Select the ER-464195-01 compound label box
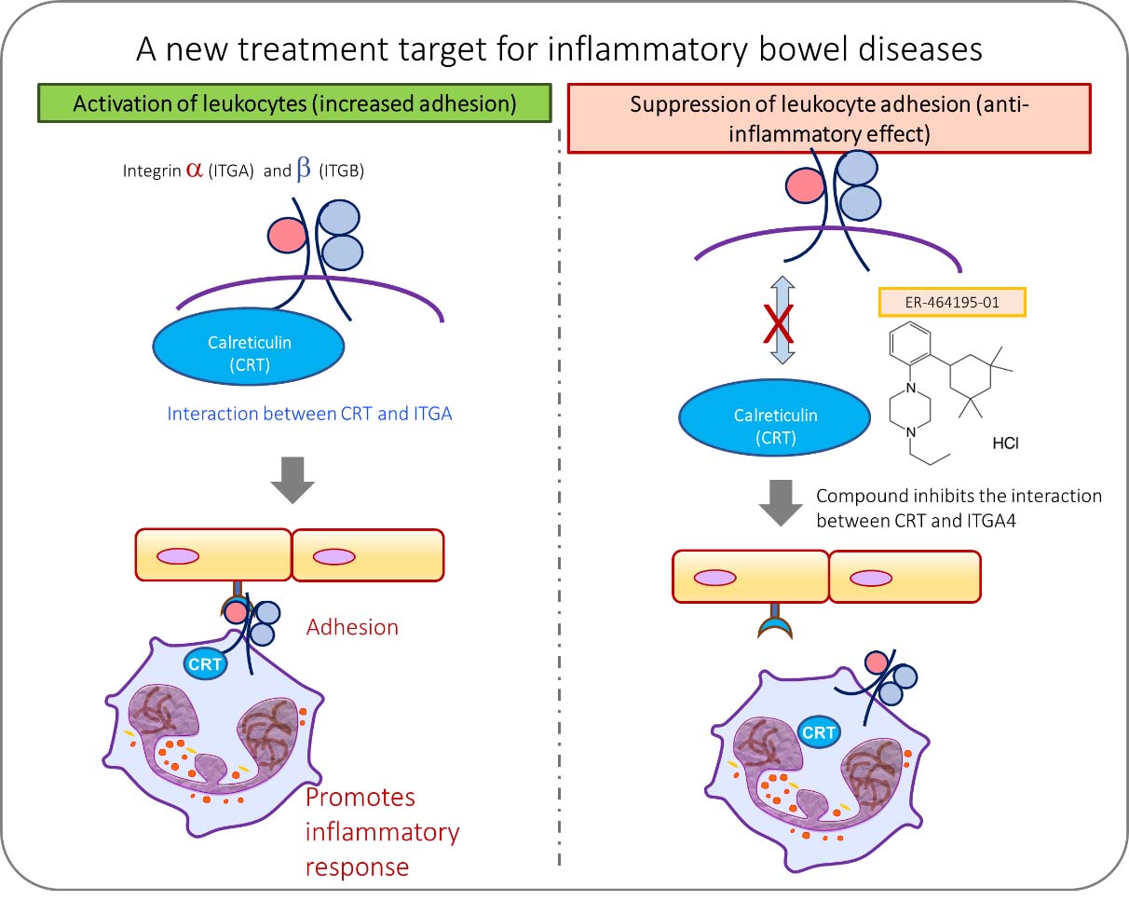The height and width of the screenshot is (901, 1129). (952, 303)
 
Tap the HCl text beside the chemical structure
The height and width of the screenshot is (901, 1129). (1004, 444)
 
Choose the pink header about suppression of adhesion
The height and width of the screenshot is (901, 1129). (828, 117)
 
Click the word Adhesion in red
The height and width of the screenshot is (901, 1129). (352, 627)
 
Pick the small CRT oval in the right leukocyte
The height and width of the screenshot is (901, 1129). (818, 732)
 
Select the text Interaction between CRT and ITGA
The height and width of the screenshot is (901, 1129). (309, 413)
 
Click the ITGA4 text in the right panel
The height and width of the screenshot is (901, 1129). (986, 521)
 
